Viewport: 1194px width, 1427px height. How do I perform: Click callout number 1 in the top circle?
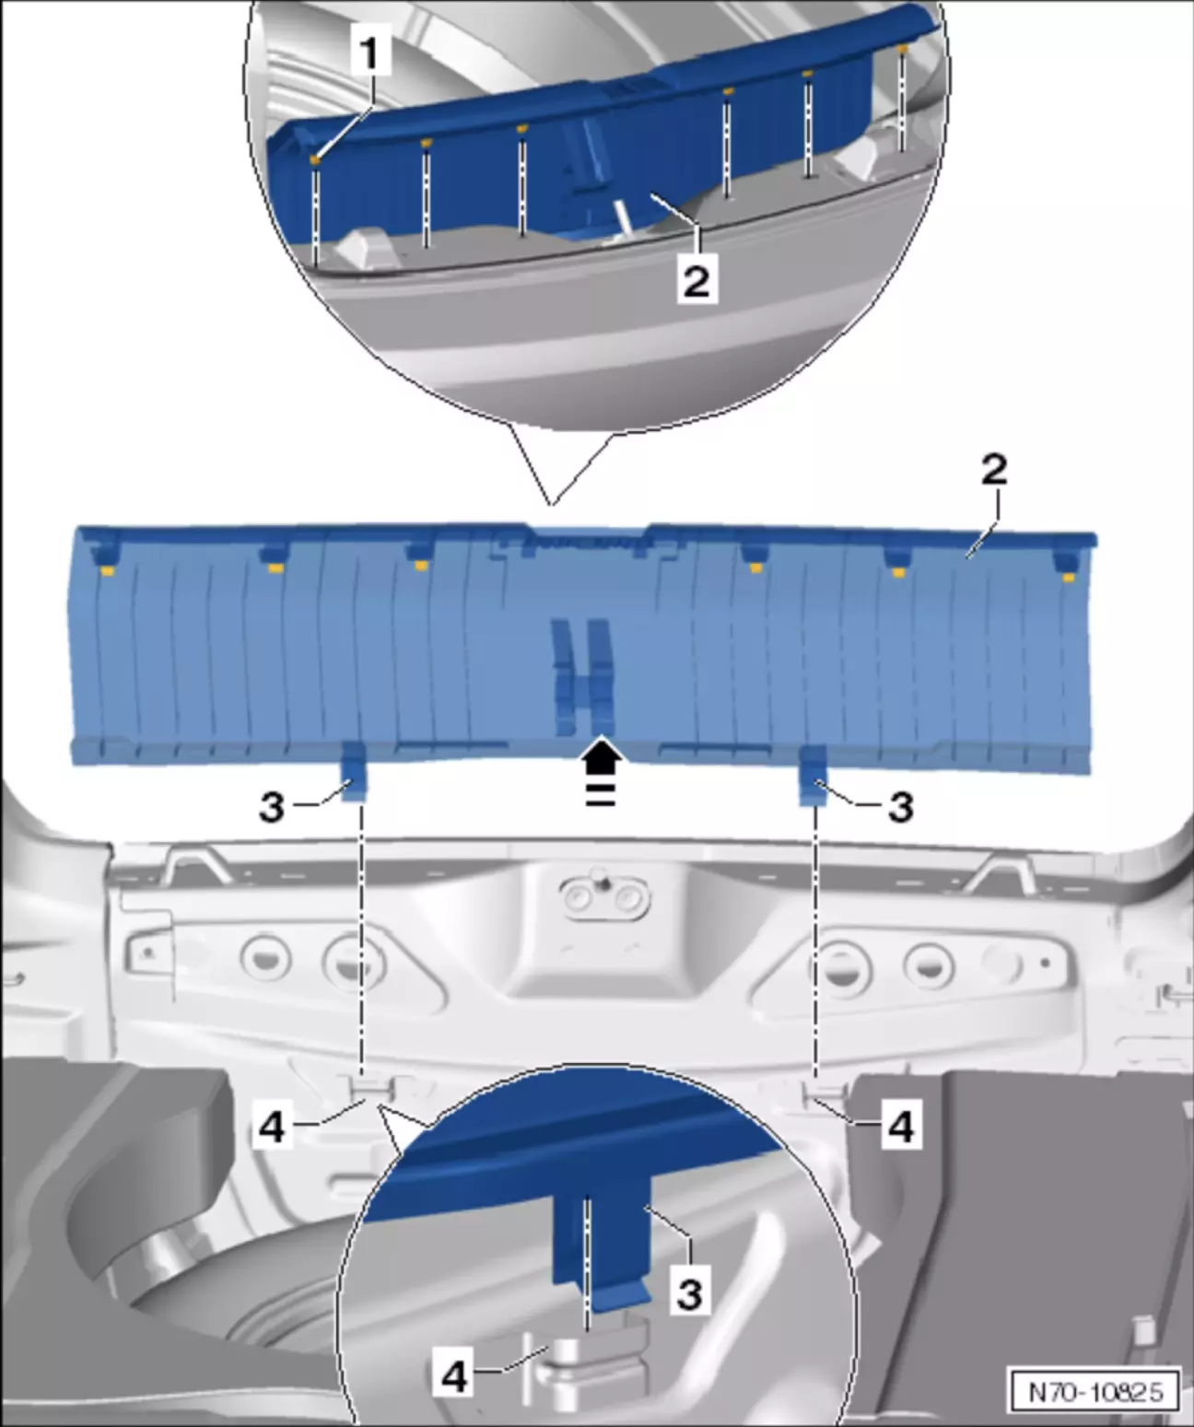369,53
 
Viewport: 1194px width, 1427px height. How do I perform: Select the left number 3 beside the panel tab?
272,807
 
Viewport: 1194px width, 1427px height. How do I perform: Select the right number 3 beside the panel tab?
901,807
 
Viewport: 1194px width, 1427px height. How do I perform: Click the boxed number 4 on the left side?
272,1127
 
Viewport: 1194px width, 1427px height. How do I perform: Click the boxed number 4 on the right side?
901,1127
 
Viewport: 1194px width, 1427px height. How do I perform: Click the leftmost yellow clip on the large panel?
107,570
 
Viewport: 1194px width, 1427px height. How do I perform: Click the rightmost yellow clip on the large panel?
1069,578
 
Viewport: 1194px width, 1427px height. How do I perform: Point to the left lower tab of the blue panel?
354,771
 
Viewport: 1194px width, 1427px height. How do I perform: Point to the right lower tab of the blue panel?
814,775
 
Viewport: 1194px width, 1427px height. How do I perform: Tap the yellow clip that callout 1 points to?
315,159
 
